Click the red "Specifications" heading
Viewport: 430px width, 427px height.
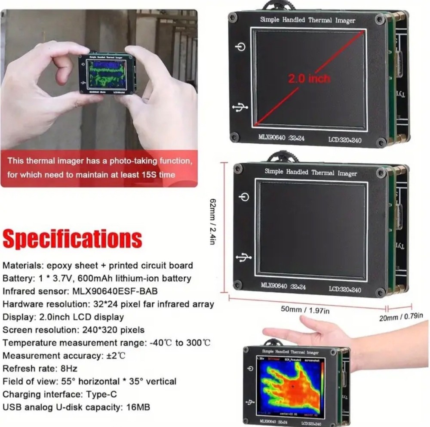click(72, 239)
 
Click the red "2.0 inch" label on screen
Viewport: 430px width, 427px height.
click(309, 78)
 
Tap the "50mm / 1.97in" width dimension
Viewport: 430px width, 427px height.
click(305, 309)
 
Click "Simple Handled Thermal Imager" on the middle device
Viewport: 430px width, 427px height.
click(310, 172)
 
